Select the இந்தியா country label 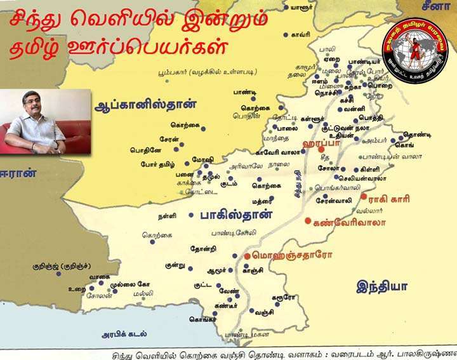click(381, 285)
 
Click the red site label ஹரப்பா click(324, 145)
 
